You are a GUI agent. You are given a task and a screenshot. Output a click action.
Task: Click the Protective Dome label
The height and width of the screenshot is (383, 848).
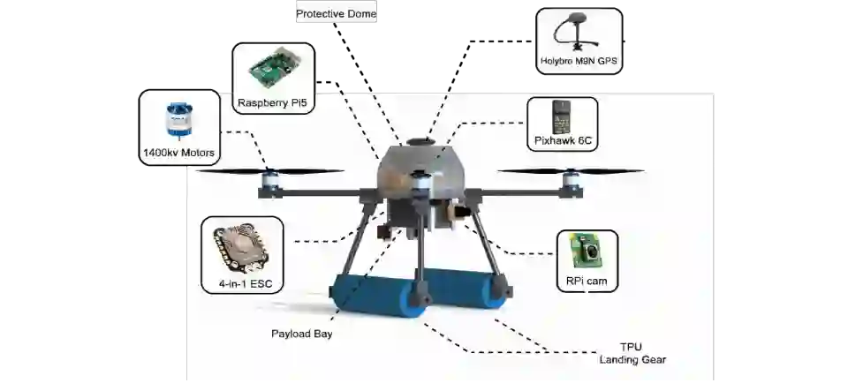(336, 14)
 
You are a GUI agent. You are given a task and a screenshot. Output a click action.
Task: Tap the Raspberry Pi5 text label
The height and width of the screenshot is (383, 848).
(274, 103)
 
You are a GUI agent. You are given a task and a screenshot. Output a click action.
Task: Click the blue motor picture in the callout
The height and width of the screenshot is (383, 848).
(178, 119)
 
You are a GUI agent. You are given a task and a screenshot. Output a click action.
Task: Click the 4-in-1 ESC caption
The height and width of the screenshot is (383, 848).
(242, 285)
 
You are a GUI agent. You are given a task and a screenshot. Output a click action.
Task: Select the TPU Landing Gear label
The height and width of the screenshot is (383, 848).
(632, 353)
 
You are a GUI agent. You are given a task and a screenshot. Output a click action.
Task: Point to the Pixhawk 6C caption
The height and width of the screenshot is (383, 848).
(563, 140)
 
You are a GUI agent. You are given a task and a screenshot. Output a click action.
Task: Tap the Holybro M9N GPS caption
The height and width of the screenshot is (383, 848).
(579, 63)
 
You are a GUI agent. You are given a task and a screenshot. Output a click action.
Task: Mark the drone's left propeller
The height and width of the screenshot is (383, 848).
(270, 171)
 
